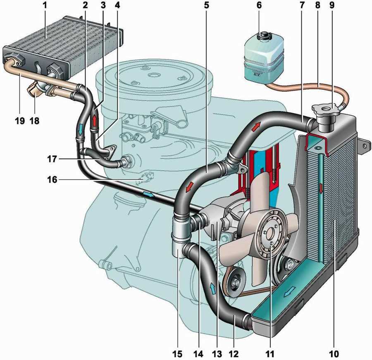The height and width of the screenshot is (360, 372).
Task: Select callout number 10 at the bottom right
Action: click(334, 353)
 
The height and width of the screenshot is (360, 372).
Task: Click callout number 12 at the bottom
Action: click(234, 353)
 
